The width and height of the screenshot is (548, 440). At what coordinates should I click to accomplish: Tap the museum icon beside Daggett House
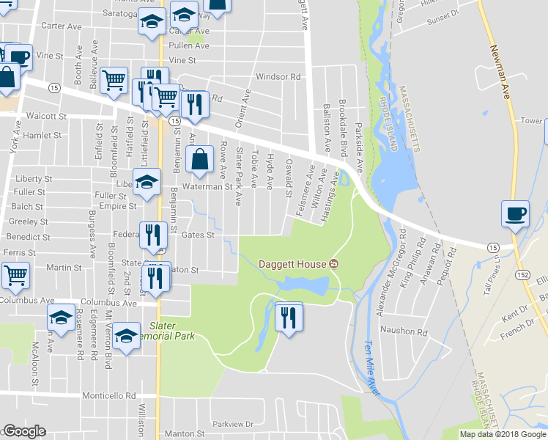point(334,264)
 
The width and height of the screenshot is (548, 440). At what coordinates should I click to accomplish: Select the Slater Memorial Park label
point(175,330)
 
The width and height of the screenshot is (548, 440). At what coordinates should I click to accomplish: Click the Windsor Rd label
point(278,77)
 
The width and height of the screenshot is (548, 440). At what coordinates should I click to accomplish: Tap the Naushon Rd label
point(405,332)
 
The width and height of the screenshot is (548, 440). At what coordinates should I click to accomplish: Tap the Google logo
point(24,431)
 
